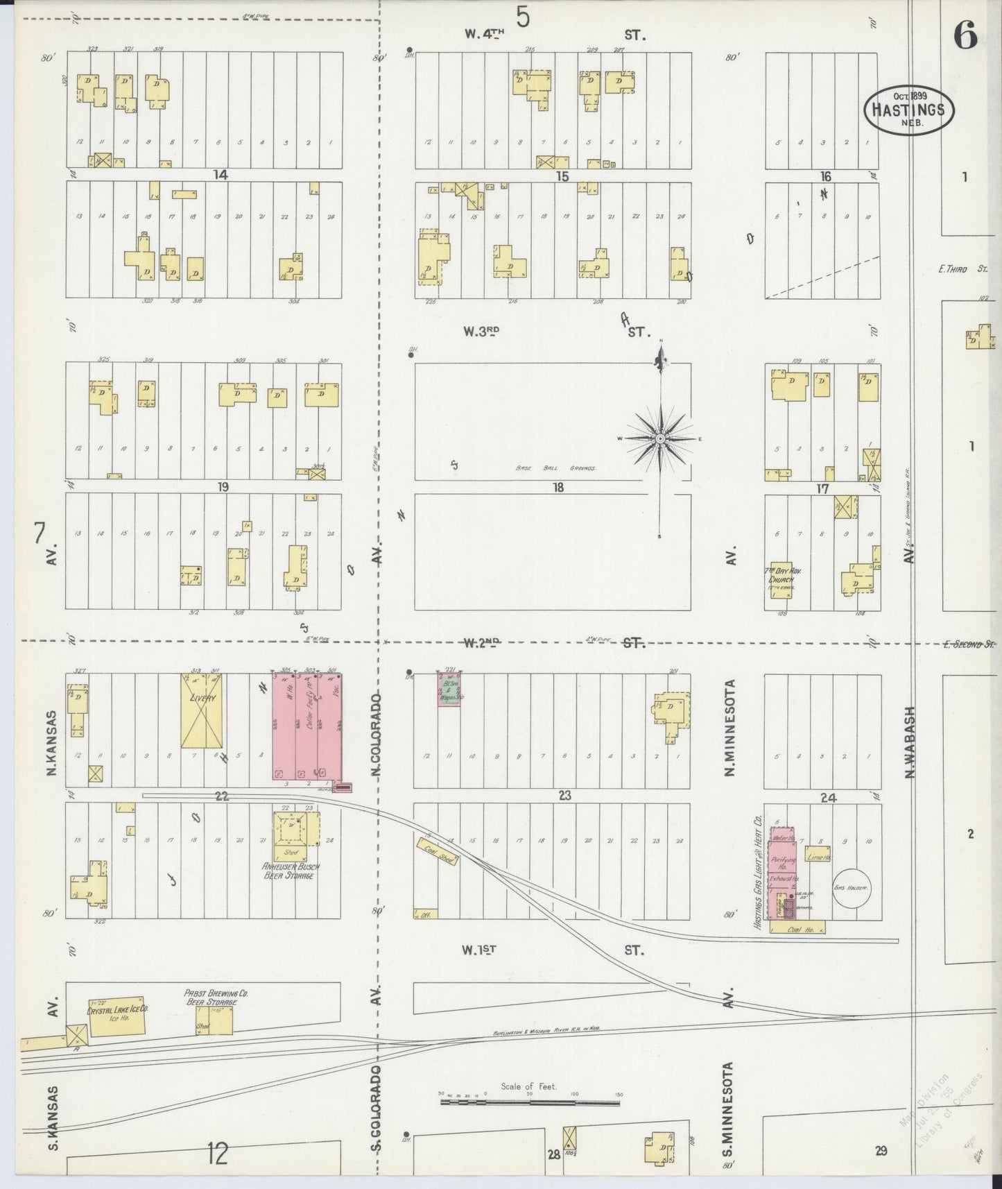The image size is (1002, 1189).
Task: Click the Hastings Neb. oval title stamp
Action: point(908,110)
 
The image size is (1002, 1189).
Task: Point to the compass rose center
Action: point(661,438)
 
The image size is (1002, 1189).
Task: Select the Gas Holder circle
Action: point(852,889)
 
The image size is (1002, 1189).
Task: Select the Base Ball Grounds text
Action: point(555,468)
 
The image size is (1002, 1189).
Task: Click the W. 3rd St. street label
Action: point(481,332)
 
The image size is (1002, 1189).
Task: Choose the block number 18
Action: point(558,488)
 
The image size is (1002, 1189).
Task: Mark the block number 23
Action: point(565,796)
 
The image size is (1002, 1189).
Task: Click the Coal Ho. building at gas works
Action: point(797,927)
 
